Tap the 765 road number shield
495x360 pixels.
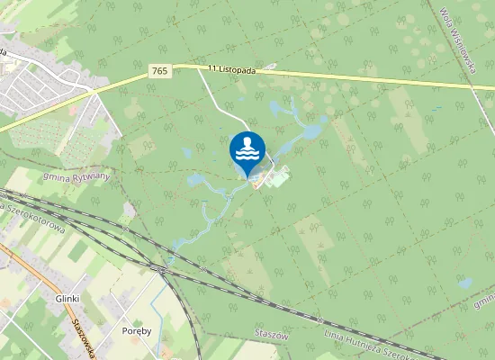coord(160,70)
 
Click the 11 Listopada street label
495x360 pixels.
coord(233,69)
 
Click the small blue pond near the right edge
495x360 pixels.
coord(465,283)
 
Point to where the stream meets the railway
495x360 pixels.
coord(162,266)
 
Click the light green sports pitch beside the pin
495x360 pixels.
coord(279,177)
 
